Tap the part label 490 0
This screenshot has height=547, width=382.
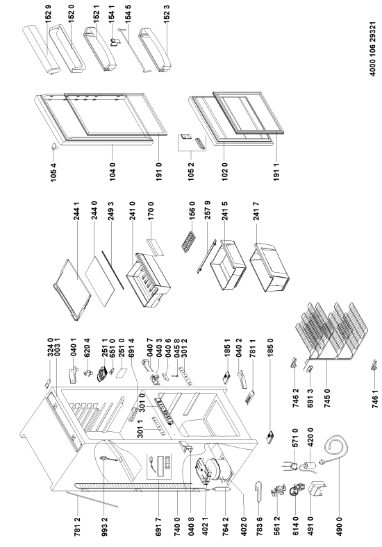pos(339,526)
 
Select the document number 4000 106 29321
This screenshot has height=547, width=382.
pos(373,49)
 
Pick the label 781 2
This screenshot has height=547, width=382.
pos(78,526)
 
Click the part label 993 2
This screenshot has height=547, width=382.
pos(104,526)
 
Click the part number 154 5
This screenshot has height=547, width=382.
pos(128,14)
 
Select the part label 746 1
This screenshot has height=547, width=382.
pos(375,398)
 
